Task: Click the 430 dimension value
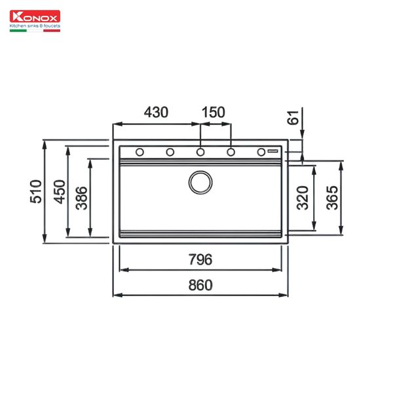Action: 156,112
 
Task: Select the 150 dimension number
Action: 214,112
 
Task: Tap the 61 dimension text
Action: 293,117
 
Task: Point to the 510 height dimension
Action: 35,191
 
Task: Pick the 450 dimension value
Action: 60,192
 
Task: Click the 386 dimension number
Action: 82,198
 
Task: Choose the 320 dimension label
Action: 303,198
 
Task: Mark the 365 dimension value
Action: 332,198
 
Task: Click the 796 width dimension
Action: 200,259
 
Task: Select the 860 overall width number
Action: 200,285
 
